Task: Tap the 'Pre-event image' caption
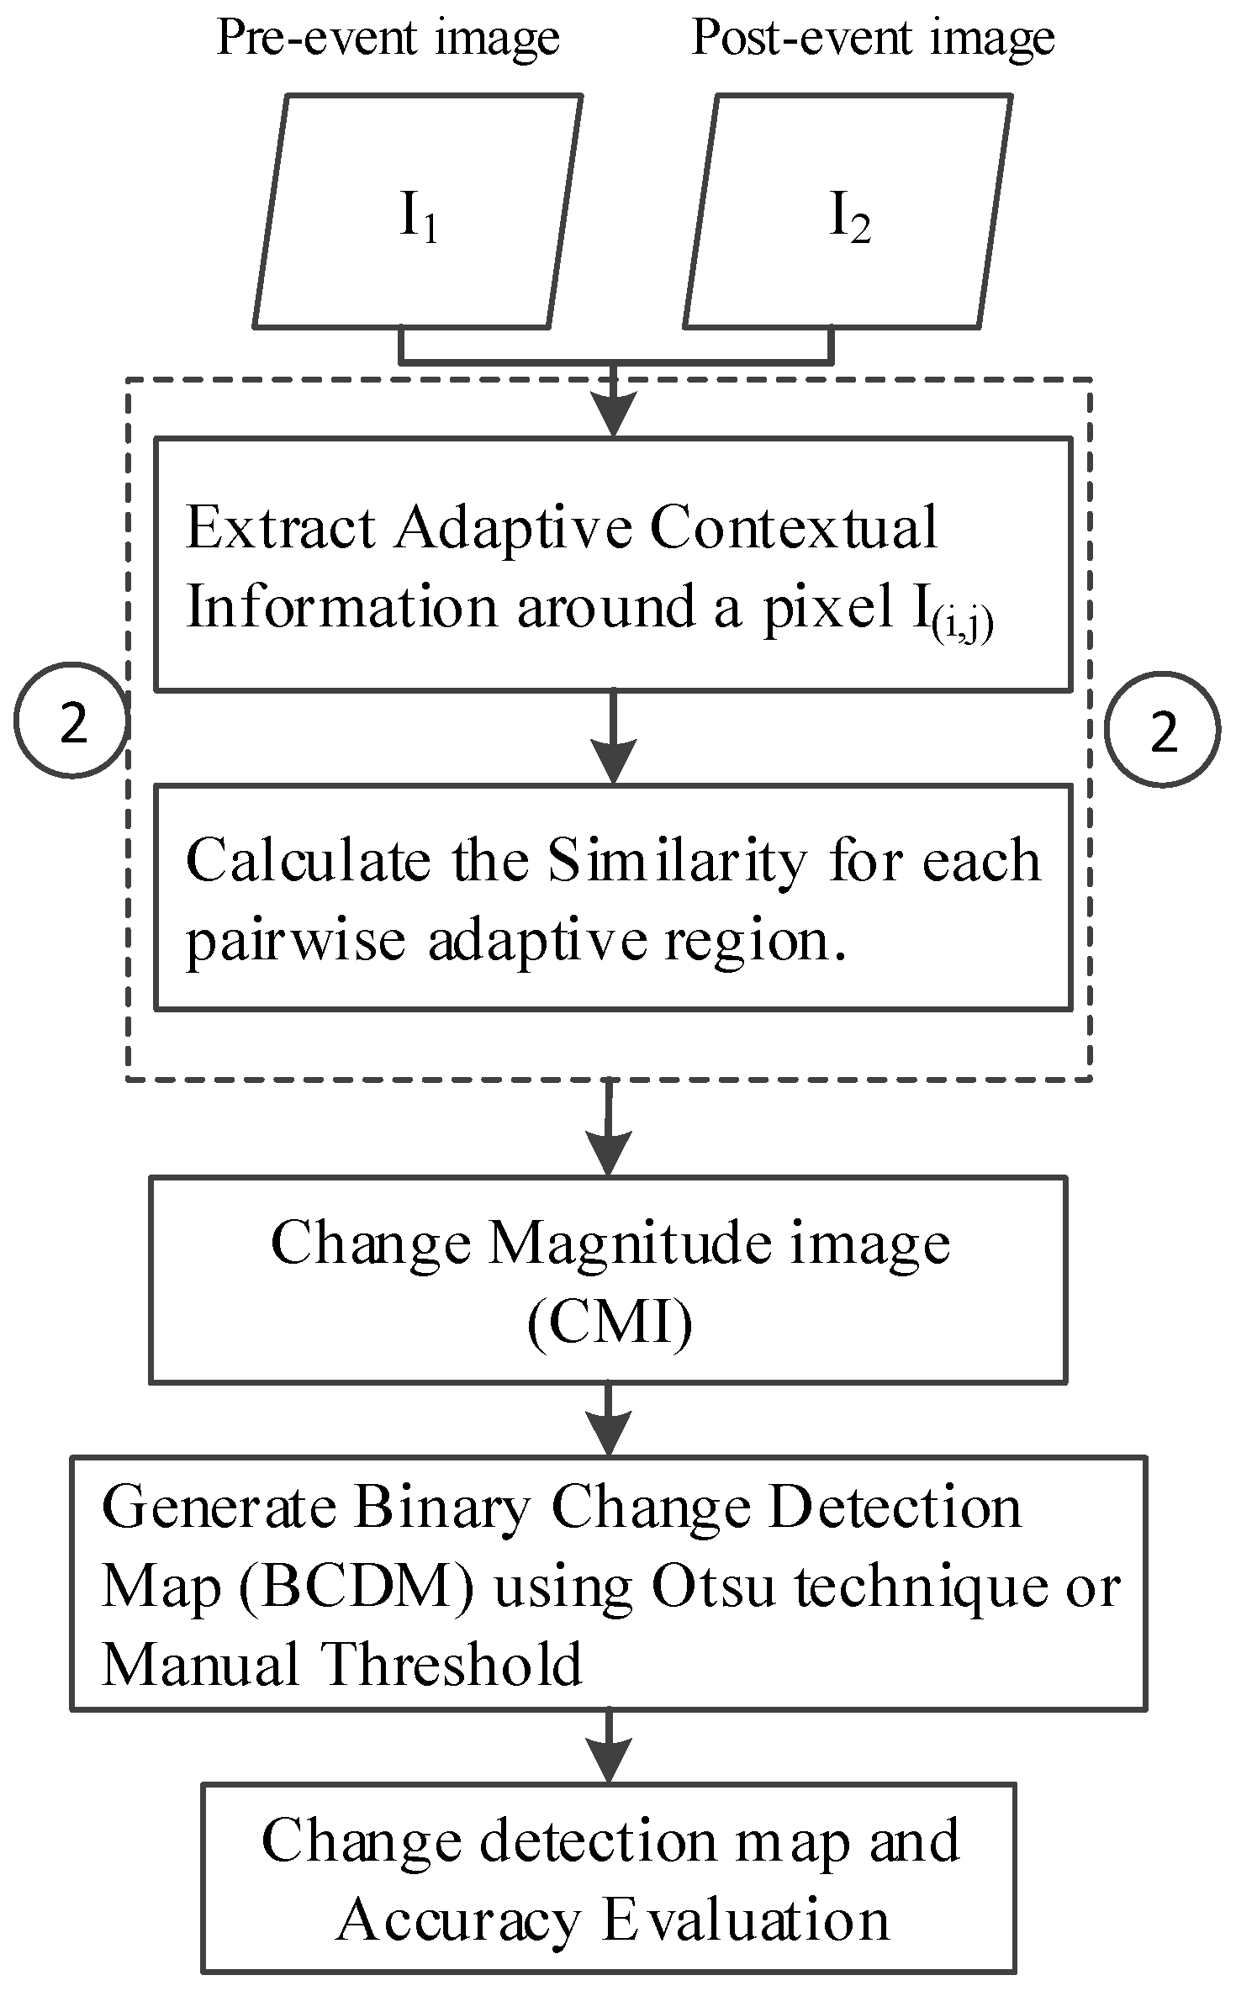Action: click(x=388, y=38)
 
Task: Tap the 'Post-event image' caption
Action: click(x=873, y=38)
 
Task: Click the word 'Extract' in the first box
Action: click(x=280, y=528)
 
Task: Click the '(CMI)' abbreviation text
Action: click(x=610, y=1324)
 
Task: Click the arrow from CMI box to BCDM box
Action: click(x=607, y=1419)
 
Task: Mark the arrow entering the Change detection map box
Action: click(x=607, y=1746)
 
